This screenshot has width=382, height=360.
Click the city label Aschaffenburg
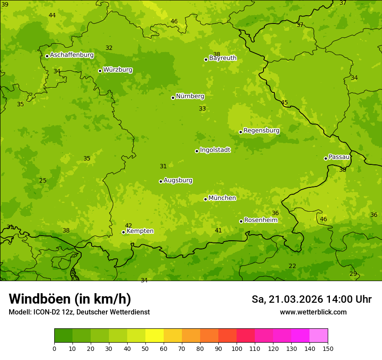[x=72, y=55]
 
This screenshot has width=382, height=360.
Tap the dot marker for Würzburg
[x=100, y=71]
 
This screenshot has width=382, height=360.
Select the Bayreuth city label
[x=223, y=58]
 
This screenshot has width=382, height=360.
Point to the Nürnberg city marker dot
[x=173, y=98]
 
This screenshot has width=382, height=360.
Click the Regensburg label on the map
[x=261, y=131]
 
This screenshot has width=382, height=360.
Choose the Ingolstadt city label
[x=215, y=150]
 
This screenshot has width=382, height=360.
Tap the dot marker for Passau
[x=326, y=158]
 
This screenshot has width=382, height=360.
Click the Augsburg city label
[x=178, y=180]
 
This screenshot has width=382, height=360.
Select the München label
[x=222, y=198]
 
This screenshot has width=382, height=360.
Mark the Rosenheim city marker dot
[x=241, y=221]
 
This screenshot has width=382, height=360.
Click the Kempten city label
[x=140, y=231]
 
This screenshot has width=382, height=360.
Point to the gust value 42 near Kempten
[x=128, y=226]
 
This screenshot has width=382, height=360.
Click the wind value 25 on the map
[x=43, y=181]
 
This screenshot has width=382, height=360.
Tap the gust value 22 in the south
[x=293, y=266]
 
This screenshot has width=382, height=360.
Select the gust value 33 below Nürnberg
[x=202, y=109]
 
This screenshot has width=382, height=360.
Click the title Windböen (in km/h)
[x=70, y=299]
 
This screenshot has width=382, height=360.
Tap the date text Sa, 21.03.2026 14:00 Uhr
[x=311, y=299]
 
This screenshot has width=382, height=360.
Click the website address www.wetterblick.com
[x=313, y=312]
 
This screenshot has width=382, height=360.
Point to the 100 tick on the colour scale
[x=237, y=348]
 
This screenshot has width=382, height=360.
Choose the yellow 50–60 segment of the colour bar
[x=155, y=336]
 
